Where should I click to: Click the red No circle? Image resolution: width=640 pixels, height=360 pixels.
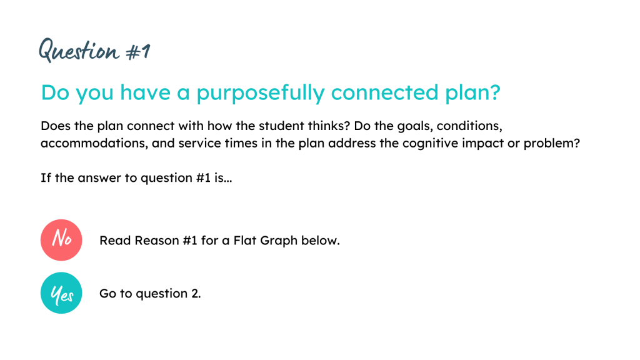[61, 240]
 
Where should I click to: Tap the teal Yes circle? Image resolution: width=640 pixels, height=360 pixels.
[61, 293]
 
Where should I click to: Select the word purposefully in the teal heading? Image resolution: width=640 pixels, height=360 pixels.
[261, 92]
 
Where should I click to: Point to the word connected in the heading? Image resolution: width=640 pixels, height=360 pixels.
[384, 92]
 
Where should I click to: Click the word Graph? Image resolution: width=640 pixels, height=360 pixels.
[279, 241]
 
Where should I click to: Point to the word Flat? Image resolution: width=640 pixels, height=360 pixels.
[245, 241]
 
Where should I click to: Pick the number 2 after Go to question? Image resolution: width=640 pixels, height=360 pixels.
[195, 294]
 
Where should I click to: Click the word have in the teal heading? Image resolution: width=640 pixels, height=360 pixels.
[145, 92]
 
